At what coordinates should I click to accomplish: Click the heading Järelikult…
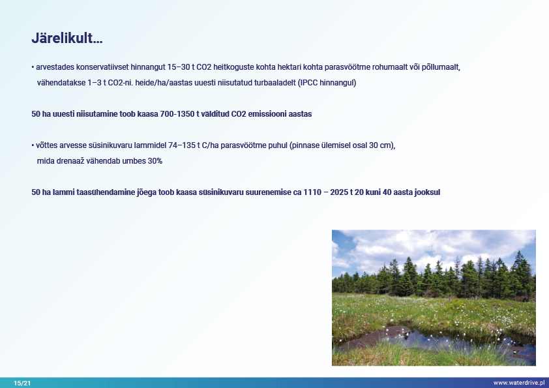pyautogui.click(x=67, y=38)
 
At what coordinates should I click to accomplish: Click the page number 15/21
pyautogui.click(x=22, y=383)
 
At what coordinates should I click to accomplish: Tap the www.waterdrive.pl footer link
pyautogui.click(x=519, y=383)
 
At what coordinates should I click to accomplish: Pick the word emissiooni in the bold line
pyautogui.click(x=267, y=114)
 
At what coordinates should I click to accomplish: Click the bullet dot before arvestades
pyautogui.click(x=33, y=67)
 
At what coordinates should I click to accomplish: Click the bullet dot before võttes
pyautogui.click(x=33, y=145)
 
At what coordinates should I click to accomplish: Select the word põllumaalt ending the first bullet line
pyautogui.click(x=441, y=67)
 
